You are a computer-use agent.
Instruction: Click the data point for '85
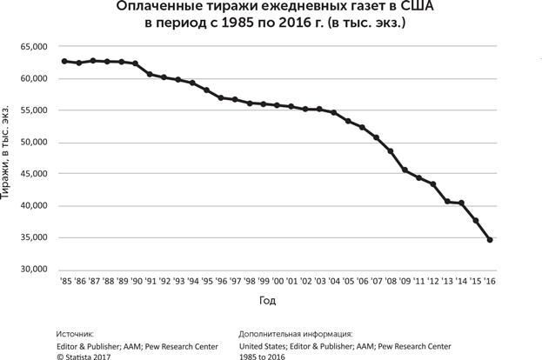(64, 61)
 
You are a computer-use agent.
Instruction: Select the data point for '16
(490, 239)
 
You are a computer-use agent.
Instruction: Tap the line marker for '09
(405, 170)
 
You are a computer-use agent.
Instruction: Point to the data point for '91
(150, 74)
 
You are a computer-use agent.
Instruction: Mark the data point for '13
(447, 201)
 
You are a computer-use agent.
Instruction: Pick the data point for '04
(334, 112)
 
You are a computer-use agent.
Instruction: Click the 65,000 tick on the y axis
(34, 47)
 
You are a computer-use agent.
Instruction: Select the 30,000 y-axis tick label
(34, 270)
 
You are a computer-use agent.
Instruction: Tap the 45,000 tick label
(34, 174)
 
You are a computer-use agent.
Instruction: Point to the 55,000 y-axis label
(34, 110)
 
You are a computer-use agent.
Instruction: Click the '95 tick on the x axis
(206, 282)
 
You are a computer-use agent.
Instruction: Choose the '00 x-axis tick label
(278, 282)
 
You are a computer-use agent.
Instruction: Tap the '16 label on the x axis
(490, 282)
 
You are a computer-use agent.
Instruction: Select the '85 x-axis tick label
(65, 282)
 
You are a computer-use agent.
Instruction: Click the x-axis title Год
(268, 301)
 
